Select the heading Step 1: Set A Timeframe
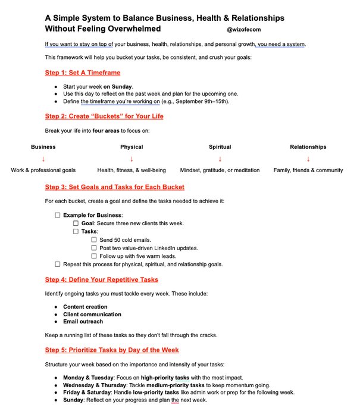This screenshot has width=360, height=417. [83, 73]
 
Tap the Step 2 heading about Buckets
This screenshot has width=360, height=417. [104, 116]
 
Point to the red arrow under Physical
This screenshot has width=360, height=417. [132, 158]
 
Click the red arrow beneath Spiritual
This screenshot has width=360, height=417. [220, 158]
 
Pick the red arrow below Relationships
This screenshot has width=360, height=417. [308, 158]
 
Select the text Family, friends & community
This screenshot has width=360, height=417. [308, 170]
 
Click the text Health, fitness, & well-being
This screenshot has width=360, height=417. [132, 170]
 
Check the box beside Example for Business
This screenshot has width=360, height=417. [58, 215]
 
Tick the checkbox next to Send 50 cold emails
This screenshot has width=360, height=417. [94, 239]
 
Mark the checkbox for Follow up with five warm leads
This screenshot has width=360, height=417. [94, 256]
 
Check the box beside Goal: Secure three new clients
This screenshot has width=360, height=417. [76, 223]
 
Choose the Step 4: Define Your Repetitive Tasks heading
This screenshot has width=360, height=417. [102, 279]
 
